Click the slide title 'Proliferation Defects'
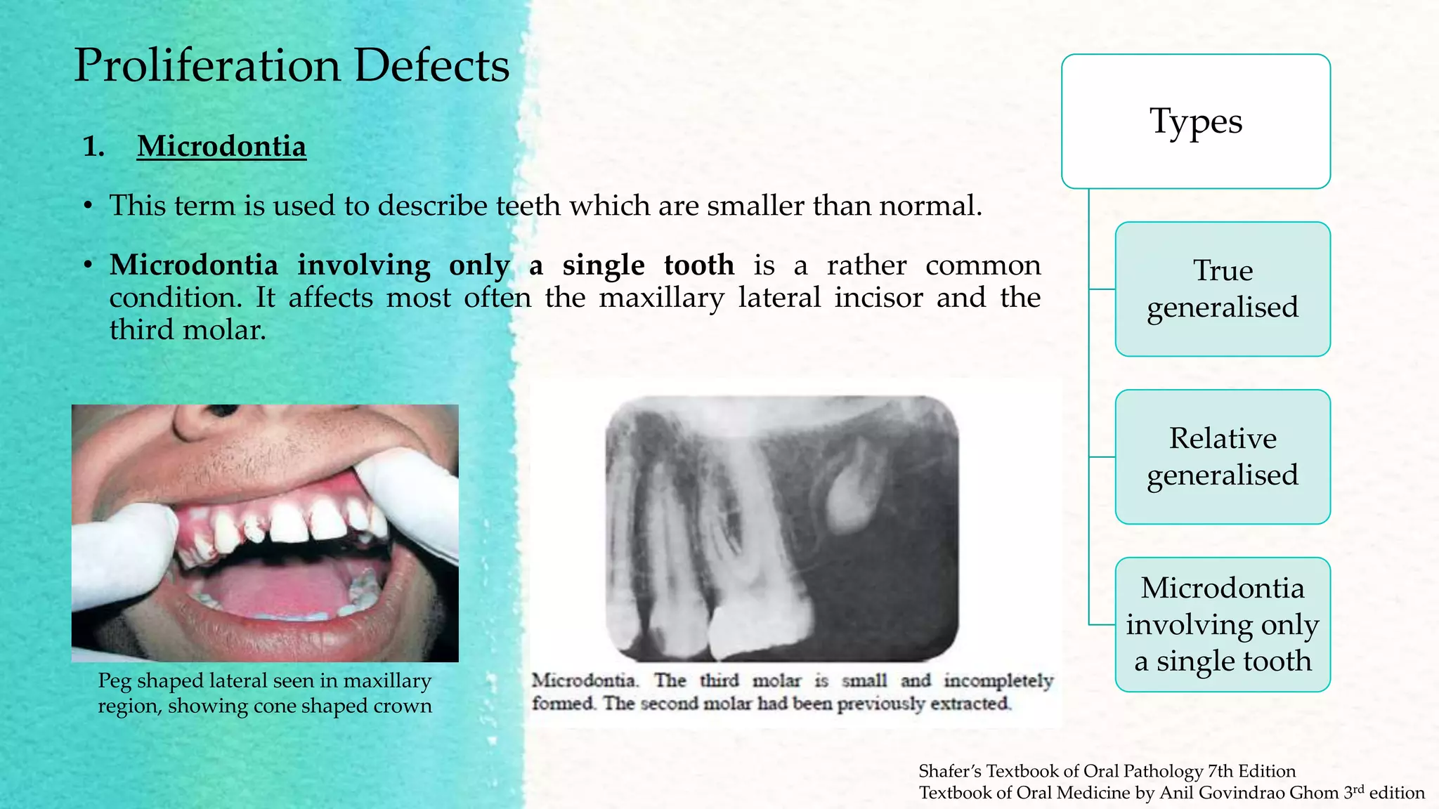(x=292, y=65)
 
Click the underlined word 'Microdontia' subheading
(x=221, y=146)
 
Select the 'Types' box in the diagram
(x=1195, y=121)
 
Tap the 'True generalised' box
(x=1223, y=289)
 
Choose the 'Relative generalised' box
(x=1223, y=456)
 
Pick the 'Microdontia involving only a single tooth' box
(x=1223, y=624)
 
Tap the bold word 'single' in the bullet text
(x=603, y=265)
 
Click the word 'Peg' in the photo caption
(x=115, y=681)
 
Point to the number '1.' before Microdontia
(x=93, y=147)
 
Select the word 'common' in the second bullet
(x=982, y=265)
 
